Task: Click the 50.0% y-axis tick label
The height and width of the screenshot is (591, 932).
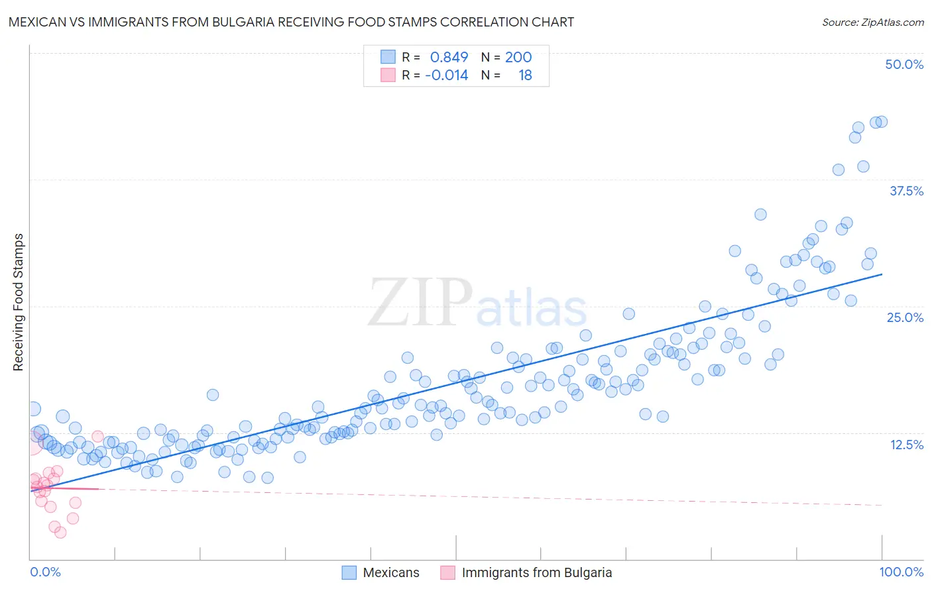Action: (x=904, y=64)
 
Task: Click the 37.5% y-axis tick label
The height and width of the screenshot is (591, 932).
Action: (x=906, y=191)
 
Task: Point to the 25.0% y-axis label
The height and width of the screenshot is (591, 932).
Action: (x=905, y=317)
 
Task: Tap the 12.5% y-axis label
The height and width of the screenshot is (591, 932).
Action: (x=906, y=445)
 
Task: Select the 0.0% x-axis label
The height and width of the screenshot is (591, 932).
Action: (x=45, y=572)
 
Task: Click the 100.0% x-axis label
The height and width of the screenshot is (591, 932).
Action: (x=901, y=572)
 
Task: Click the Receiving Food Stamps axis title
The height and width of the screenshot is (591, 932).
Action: (x=18, y=302)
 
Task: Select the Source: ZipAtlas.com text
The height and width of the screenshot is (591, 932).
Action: (x=872, y=22)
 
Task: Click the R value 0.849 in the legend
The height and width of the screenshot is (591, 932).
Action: (x=449, y=57)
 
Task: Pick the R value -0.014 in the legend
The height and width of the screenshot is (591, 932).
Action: (x=446, y=75)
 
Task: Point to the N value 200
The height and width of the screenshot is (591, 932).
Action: (x=518, y=57)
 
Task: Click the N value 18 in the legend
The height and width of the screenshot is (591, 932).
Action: (x=525, y=75)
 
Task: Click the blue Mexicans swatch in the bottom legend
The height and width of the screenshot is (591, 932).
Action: (x=349, y=572)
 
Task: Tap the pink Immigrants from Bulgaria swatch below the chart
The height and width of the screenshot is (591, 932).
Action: (x=448, y=572)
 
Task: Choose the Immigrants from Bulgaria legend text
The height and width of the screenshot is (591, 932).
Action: (x=536, y=572)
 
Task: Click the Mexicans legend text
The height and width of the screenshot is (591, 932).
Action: (x=391, y=572)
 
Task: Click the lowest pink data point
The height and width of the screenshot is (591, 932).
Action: (x=60, y=532)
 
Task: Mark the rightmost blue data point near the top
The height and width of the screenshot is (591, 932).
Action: (x=882, y=122)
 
